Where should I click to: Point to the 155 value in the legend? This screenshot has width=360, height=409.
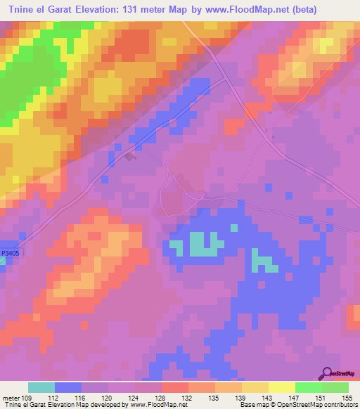tap(347, 397)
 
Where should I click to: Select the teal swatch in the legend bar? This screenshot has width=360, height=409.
tap(41, 387)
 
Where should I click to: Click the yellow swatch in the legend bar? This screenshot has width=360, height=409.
tap(281, 387)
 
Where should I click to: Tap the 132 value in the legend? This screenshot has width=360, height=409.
tap(188, 397)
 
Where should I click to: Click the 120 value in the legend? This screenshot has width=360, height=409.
tap(108, 397)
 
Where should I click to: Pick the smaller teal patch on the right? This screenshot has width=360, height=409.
tap(264, 264)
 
